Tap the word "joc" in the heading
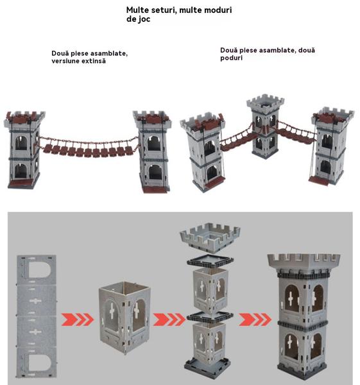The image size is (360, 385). click(144, 19)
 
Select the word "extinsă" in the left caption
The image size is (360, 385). click(94, 61)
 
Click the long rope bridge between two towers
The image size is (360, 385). click(89, 147)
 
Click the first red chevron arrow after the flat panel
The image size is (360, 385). click(78, 320)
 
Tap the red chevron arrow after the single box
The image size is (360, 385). click(169, 320)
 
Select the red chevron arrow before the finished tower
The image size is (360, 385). click(255, 320)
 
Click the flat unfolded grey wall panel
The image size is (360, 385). click(37, 316)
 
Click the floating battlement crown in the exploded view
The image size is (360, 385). click(210, 237)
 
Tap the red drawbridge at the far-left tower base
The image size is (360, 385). click(21, 183)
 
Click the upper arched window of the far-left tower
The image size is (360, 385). click(21, 143)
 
